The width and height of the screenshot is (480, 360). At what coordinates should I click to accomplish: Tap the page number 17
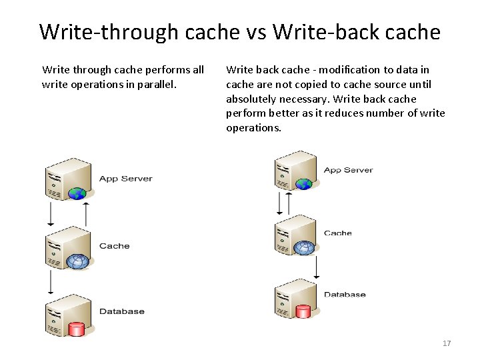click(447, 343)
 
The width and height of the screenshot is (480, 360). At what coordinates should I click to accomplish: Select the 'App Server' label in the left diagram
click(125, 179)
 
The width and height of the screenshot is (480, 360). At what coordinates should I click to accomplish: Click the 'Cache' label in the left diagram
click(114, 246)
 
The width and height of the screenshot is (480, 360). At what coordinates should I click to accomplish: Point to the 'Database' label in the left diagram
click(121, 311)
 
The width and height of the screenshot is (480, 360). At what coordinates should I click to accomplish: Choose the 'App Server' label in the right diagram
click(348, 170)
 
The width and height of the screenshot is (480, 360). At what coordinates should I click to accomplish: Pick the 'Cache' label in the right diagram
click(337, 233)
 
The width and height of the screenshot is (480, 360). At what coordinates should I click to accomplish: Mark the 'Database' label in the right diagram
click(345, 294)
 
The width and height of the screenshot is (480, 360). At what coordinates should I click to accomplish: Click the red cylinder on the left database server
click(77, 329)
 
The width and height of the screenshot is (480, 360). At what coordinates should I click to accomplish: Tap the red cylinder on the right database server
click(304, 311)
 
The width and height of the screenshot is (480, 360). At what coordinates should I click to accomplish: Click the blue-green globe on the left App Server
click(78, 194)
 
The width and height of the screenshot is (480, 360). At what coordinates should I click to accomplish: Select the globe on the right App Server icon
click(305, 184)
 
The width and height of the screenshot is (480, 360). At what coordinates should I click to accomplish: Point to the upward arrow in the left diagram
click(86, 214)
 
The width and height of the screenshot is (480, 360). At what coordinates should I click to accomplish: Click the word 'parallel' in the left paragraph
click(155, 84)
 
